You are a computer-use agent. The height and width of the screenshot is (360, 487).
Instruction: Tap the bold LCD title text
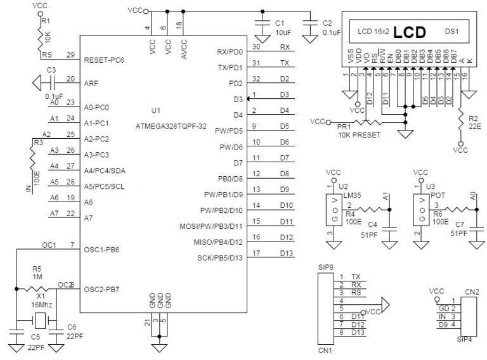(x=407, y=32)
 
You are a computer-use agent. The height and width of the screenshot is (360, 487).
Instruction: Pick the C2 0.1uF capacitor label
(x=331, y=27)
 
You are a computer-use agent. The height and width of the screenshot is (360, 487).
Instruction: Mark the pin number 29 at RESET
(x=70, y=55)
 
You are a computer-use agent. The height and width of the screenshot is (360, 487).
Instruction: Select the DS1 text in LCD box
(x=451, y=30)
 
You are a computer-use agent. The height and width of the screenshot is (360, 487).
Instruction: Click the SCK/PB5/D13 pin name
(x=220, y=258)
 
